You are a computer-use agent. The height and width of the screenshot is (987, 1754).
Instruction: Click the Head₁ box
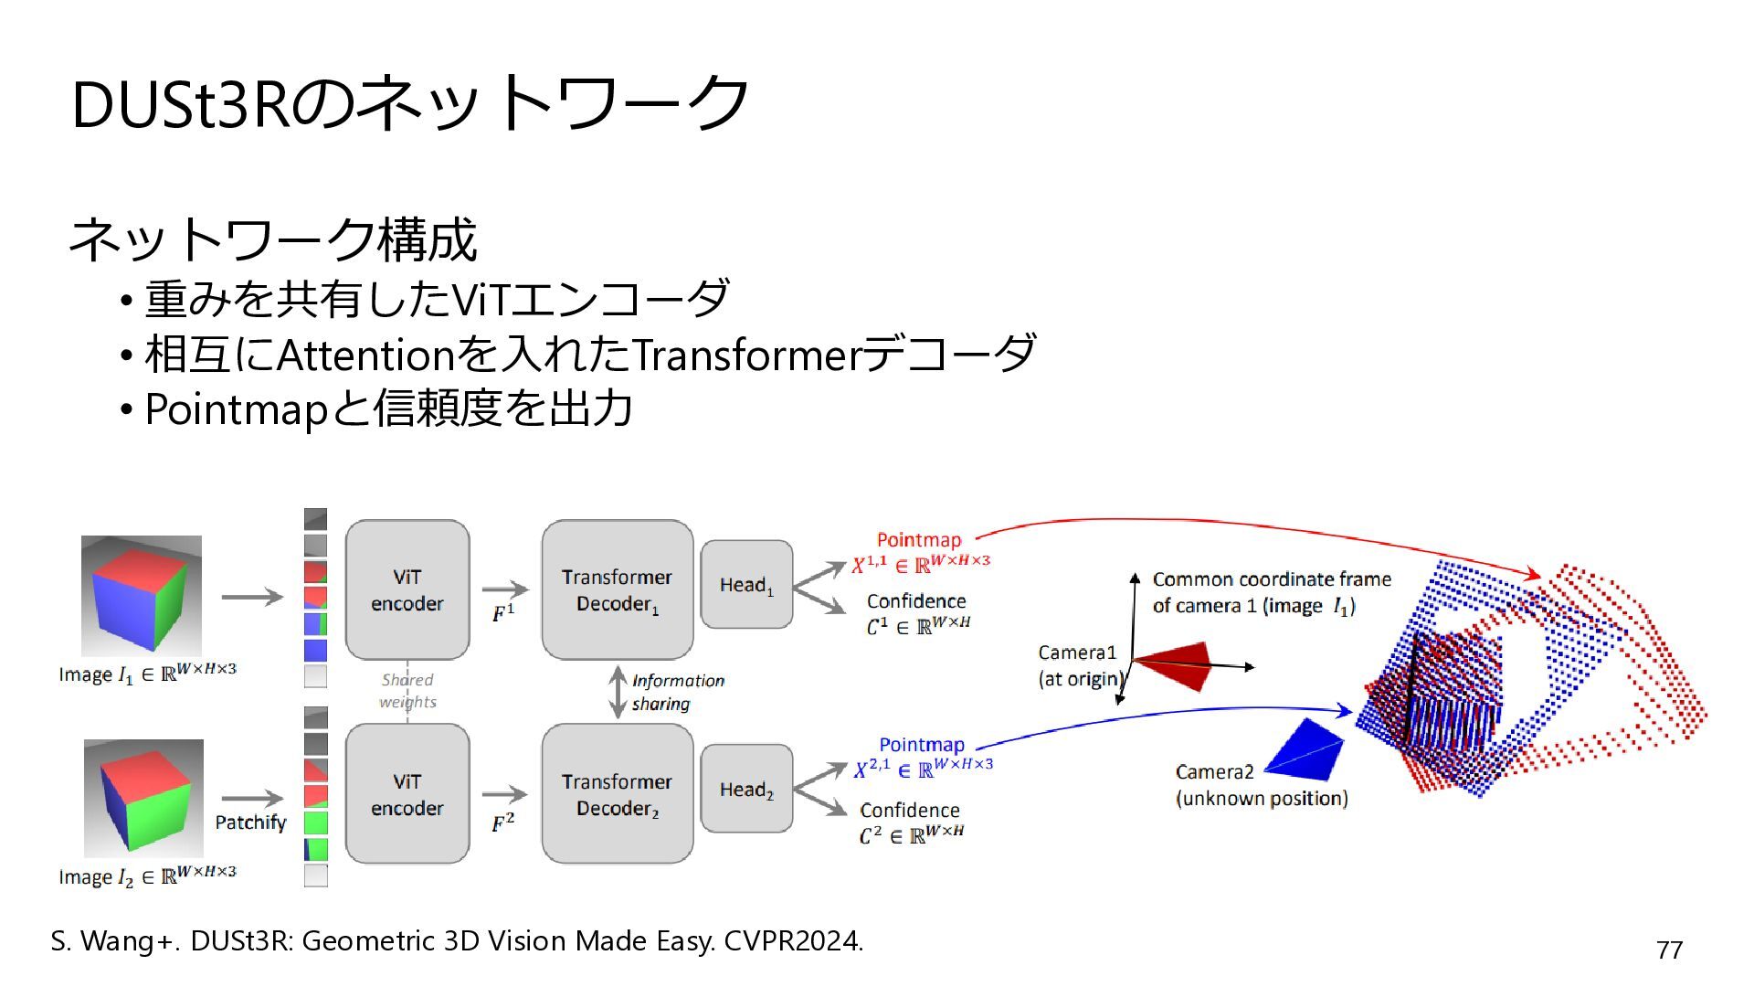pyautogui.click(x=746, y=584)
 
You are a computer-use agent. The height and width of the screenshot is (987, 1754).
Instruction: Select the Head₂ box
pyautogui.click(x=746, y=789)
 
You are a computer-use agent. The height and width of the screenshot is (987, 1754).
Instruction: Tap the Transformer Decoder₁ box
pyautogui.click(x=618, y=590)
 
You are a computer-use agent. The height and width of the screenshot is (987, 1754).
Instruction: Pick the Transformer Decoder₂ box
pyautogui.click(x=618, y=794)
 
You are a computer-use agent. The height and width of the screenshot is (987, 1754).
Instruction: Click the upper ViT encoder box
pyautogui.click(x=407, y=590)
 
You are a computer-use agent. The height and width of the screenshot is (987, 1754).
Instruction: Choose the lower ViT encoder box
pyautogui.click(x=407, y=794)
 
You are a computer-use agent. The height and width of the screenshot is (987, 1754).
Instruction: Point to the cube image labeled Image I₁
pyautogui.click(x=142, y=596)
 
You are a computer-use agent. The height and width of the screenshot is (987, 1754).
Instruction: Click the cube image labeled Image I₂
pyautogui.click(x=143, y=799)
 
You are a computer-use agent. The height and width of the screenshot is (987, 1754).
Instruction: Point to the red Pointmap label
pyautogui.click(x=919, y=540)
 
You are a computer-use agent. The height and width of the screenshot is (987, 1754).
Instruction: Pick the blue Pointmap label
pyautogui.click(x=922, y=745)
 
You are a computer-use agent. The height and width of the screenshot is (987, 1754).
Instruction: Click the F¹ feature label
pyautogui.click(x=503, y=612)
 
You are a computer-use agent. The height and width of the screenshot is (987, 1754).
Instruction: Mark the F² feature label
pyautogui.click(x=503, y=822)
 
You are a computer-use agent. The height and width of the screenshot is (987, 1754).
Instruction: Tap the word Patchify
pyautogui.click(x=250, y=822)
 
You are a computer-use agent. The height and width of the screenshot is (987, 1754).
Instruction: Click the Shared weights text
pyautogui.click(x=407, y=691)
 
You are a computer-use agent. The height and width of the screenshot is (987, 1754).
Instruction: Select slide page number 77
pyautogui.click(x=1670, y=950)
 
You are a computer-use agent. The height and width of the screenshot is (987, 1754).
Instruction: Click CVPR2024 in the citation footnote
pyautogui.click(x=793, y=941)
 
